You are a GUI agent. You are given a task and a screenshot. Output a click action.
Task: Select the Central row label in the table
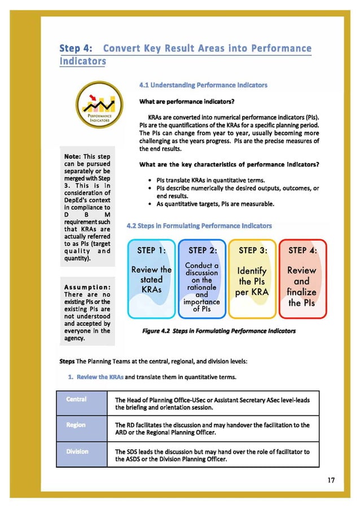tap(76, 400)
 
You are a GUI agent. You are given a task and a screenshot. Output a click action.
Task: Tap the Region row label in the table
tap(76, 425)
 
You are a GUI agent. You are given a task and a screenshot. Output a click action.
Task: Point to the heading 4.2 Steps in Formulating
tap(199, 226)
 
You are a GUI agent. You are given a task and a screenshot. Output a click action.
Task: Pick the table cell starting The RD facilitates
tap(212, 429)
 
